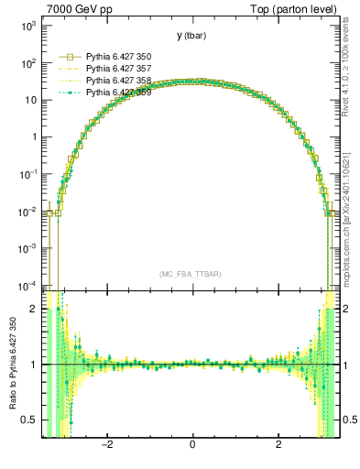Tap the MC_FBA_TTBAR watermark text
pyautogui.click(x=190, y=274)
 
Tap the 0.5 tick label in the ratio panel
pyautogui.click(x=31, y=420)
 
